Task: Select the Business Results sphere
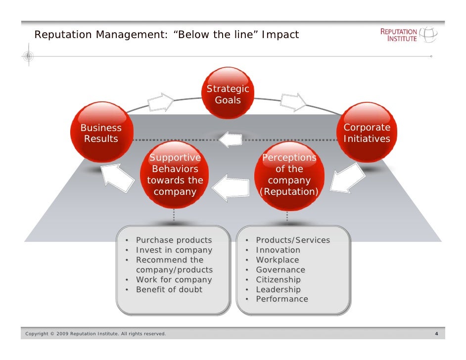click(101, 132)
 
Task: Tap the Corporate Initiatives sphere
click(367, 133)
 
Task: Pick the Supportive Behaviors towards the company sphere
click(175, 174)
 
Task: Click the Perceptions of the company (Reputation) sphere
click(289, 174)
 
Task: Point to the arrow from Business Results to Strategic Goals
click(161, 102)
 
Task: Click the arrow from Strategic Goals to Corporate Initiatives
click(293, 102)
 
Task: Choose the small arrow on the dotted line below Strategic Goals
click(230, 139)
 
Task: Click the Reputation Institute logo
click(408, 35)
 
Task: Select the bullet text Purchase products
click(174, 240)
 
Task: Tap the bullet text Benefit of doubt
click(169, 290)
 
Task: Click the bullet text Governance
click(280, 270)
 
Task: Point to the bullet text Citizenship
click(278, 280)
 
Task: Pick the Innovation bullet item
click(278, 250)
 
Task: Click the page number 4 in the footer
click(436, 334)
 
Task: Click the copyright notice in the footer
click(95, 334)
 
